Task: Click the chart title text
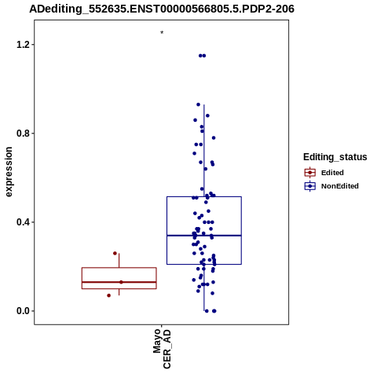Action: [162, 9]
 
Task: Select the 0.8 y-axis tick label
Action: [22, 134]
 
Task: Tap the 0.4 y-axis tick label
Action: [22, 222]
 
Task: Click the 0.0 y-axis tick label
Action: [22, 311]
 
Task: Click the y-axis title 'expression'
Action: [9, 172]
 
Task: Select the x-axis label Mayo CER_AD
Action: [162, 349]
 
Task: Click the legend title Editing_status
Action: [335, 157]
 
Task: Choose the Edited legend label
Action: [332, 173]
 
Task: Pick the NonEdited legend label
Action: [340, 186]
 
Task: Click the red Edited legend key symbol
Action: [310, 173]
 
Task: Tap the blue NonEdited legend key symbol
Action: [310, 186]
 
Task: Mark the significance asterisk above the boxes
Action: [162, 33]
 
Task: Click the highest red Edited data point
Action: [115, 253]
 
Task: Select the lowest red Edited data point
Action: [109, 295]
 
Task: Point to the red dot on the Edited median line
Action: [121, 282]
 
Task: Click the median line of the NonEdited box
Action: [204, 236]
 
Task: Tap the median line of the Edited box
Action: [119, 282]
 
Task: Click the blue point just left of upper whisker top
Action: [198, 104]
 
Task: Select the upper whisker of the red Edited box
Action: [119, 261]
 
